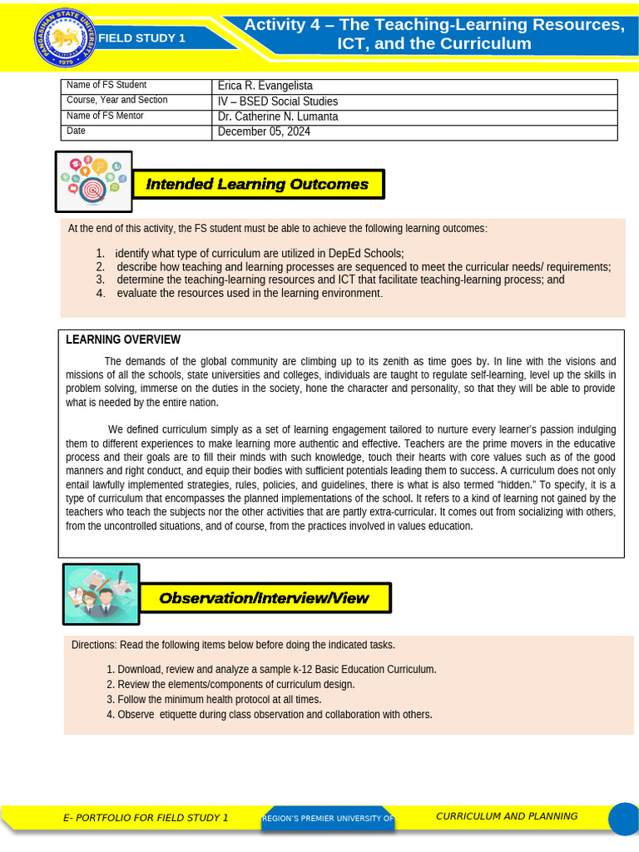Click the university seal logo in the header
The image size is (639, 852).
click(63, 37)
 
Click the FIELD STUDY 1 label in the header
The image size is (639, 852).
click(141, 37)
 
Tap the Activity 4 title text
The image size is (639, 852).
click(433, 34)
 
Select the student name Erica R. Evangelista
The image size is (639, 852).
click(265, 86)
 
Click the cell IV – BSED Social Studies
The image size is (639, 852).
click(277, 102)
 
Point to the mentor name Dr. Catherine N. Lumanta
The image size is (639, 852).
click(277, 116)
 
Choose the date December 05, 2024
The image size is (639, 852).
click(264, 131)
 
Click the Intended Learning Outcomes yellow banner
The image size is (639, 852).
click(257, 184)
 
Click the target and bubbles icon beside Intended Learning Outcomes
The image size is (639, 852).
click(93, 181)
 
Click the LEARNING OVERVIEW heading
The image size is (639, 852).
click(123, 339)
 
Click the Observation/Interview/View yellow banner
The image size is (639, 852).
click(264, 598)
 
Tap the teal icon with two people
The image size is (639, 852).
click(101, 594)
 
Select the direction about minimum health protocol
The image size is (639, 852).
click(219, 700)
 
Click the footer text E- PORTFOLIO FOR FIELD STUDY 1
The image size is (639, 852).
click(146, 818)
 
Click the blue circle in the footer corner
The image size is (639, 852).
click(623, 819)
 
